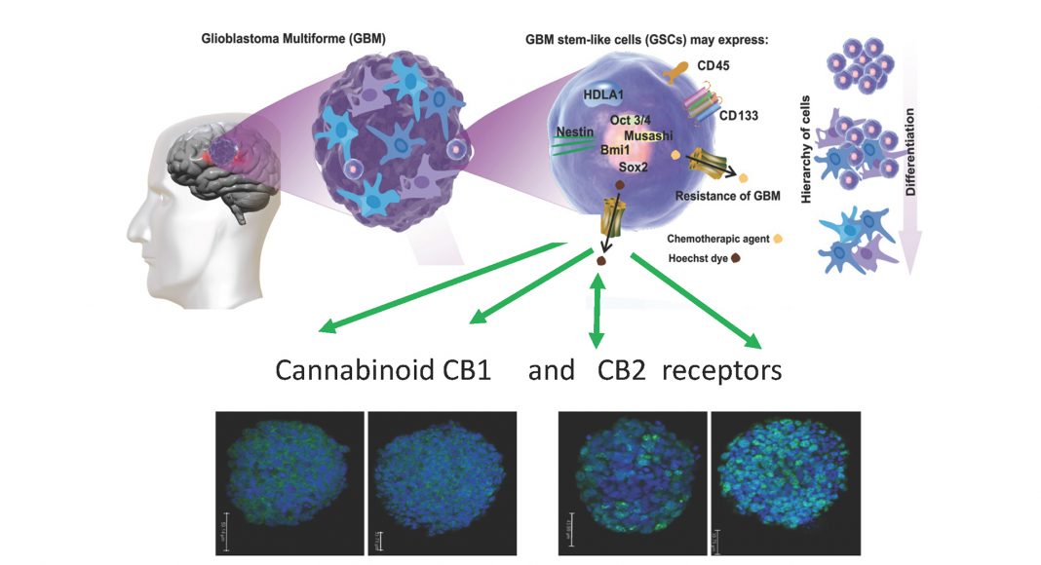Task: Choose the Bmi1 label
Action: pyautogui.click(x=620, y=150)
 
